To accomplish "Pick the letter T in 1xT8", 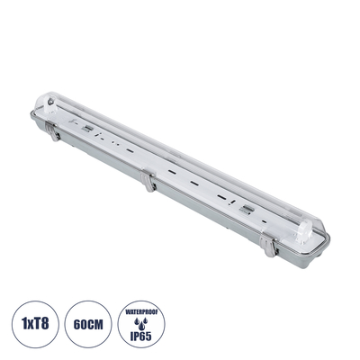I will (38, 319).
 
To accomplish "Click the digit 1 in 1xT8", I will (22, 319).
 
